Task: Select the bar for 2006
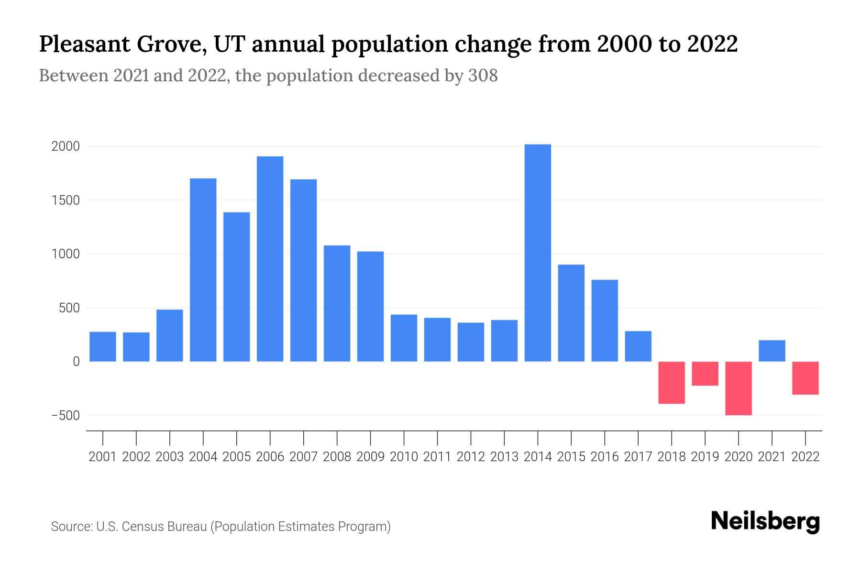(x=270, y=259)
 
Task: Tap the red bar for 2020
(x=739, y=388)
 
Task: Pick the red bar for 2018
(x=672, y=383)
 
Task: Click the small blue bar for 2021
(x=772, y=351)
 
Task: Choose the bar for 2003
(x=170, y=335)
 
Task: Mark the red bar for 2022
(x=806, y=378)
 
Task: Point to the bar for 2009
(x=370, y=306)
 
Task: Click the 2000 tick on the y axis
(x=66, y=146)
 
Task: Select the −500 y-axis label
(x=66, y=416)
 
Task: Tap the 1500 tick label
(x=66, y=200)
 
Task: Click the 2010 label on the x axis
(x=404, y=457)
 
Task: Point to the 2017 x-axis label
(x=638, y=457)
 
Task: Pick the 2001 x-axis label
(x=103, y=457)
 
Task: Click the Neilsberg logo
(x=765, y=521)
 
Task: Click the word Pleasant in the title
(x=84, y=44)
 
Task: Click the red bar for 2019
(x=705, y=374)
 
